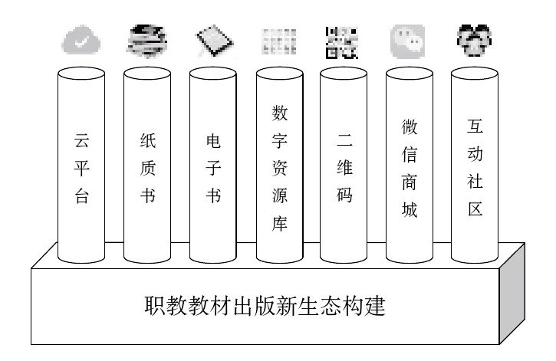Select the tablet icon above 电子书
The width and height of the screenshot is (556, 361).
212,41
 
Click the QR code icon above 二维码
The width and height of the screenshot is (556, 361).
341,42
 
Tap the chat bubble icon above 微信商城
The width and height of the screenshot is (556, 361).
407,41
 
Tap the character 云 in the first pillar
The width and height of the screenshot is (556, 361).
81,142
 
